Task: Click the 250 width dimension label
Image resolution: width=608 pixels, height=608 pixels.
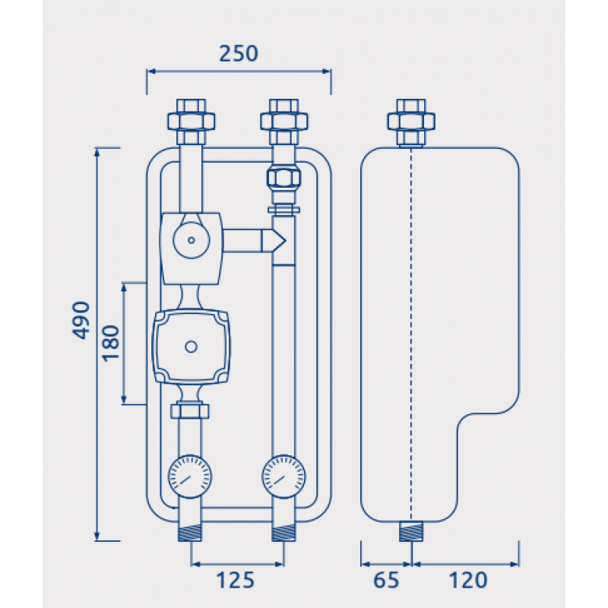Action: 239,54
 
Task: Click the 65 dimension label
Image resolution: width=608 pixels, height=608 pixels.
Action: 386,581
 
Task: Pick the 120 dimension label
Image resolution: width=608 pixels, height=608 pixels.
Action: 467,581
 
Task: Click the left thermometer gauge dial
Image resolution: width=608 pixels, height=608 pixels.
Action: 190,477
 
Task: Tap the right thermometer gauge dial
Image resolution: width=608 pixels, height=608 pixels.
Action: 283,477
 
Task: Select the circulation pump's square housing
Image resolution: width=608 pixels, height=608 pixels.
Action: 190,347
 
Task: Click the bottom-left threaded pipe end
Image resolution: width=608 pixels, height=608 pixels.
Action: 190,533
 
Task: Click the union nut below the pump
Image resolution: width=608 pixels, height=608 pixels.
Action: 190,411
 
